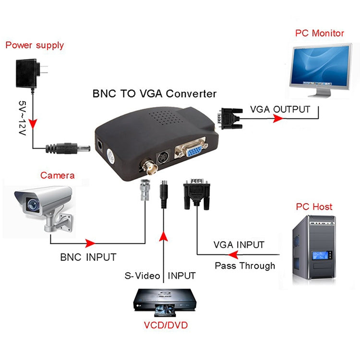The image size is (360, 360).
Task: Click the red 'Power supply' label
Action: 34,46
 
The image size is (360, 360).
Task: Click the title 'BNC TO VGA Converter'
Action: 154,94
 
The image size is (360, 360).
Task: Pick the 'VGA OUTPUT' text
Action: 280,109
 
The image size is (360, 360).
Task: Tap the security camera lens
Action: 32,204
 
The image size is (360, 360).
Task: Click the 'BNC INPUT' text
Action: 88,257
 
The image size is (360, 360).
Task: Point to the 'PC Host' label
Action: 314,207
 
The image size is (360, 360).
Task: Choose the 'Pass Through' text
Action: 245,265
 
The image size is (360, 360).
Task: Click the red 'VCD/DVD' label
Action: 166,325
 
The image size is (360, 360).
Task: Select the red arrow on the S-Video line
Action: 164,236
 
